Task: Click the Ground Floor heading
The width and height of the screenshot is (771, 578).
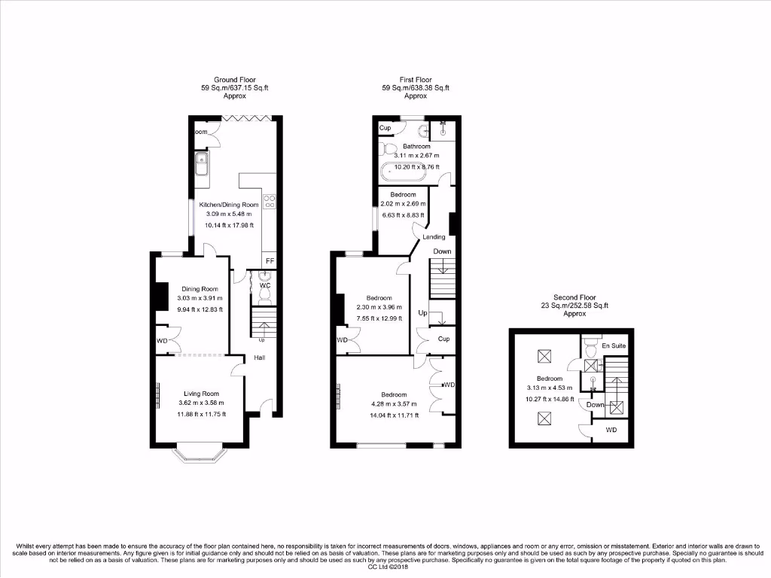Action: (x=235, y=80)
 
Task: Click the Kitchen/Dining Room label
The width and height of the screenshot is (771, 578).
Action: (x=228, y=205)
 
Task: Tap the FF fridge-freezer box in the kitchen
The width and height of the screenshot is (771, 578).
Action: (x=269, y=261)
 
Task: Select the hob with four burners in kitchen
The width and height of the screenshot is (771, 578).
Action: (x=269, y=202)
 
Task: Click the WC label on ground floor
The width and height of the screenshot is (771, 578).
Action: (x=264, y=286)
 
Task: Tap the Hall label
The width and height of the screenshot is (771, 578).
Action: (x=259, y=357)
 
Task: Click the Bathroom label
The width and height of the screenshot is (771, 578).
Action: (x=416, y=146)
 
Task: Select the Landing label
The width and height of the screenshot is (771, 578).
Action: (x=434, y=237)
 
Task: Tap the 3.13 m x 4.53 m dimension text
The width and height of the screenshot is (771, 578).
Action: (x=549, y=388)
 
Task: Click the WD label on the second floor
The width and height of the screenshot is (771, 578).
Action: (x=611, y=430)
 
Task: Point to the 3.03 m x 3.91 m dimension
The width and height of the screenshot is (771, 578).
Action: (x=200, y=299)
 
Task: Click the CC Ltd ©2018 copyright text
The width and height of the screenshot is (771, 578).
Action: (x=385, y=567)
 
